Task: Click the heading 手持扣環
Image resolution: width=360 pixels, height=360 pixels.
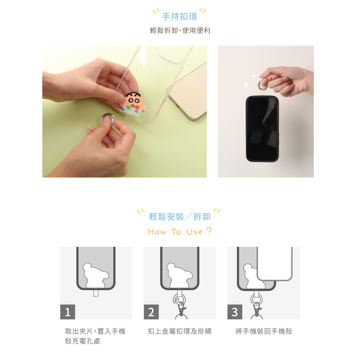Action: click(x=180, y=17)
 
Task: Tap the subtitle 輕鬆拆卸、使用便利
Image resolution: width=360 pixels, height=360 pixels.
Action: click(x=180, y=30)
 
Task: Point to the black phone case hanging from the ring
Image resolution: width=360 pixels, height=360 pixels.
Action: click(x=262, y=129)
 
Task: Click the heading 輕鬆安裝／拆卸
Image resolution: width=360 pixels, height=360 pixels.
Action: click(x=180, y=217)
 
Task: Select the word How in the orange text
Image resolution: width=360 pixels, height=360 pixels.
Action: click(x=157, y=232)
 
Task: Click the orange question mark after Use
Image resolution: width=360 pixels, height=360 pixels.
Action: click(x=209, y=231)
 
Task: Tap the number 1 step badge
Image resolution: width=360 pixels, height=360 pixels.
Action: click(x=67, y=312)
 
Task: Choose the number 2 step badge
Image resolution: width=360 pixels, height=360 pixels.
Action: click(x=151, y=312)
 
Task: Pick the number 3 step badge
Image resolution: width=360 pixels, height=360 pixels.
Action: click(x=234, y=312)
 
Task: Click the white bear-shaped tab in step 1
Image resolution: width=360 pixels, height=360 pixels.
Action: click(x=94, y=277)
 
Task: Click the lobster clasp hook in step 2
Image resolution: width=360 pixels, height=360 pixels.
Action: click(x=182, y=310)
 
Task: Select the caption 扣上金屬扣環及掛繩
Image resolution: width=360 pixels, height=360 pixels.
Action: click(x=180, y=331)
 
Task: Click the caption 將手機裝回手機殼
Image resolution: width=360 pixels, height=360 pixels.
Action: click(x=264, y=331)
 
